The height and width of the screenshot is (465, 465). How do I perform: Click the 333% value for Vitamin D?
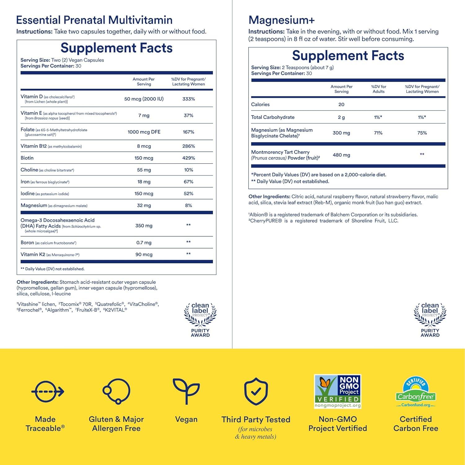188,99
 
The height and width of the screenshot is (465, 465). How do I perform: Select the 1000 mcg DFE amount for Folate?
144,132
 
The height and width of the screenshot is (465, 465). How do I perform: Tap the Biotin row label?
27,158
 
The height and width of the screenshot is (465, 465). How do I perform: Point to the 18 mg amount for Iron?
144,182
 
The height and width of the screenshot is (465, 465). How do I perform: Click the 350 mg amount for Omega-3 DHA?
144,226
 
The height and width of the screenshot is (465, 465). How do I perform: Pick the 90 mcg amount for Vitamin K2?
144,254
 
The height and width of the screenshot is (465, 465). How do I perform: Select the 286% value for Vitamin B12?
188,146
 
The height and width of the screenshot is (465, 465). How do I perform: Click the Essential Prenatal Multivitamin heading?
94,20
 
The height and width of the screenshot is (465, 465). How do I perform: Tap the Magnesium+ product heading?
281,20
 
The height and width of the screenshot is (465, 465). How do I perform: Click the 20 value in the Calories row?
341,105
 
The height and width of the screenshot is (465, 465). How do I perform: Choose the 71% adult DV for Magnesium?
378,133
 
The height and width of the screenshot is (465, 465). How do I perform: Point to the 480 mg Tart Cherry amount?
341,155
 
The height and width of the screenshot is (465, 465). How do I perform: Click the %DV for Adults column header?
379,89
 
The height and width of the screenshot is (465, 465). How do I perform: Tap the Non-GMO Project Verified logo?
338,391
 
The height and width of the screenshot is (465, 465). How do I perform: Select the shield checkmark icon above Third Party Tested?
256,391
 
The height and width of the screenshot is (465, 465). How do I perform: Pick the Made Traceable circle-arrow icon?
47,391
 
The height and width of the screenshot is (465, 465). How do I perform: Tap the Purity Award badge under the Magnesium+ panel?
430,320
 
